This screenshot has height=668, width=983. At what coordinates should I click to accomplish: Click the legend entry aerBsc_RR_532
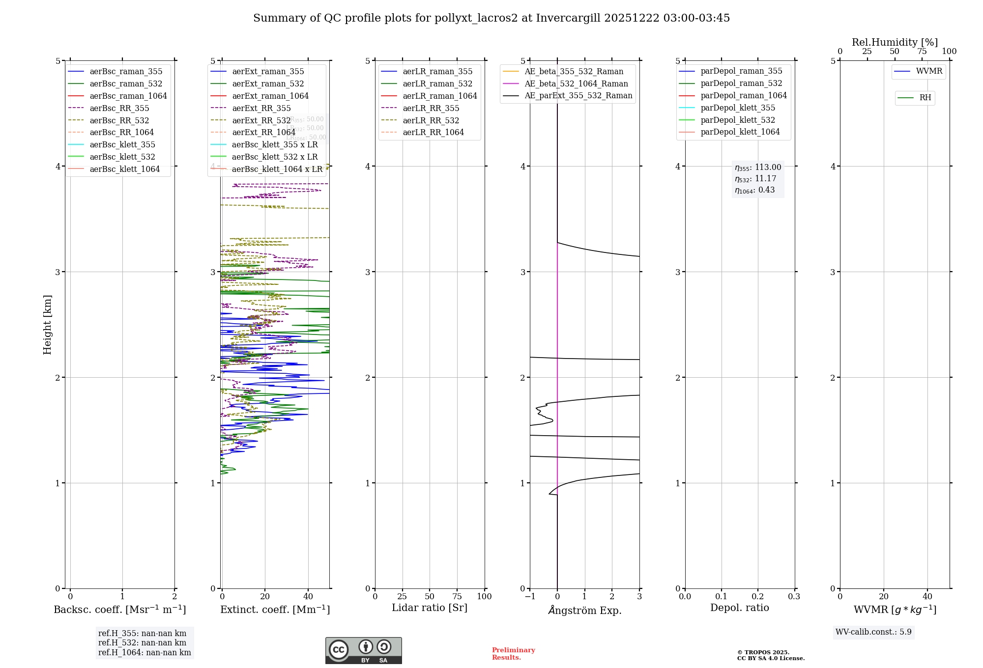(119, 120)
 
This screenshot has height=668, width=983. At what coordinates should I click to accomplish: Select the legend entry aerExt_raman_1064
(270, 96)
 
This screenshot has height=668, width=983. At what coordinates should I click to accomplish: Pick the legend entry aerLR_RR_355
(431, 108)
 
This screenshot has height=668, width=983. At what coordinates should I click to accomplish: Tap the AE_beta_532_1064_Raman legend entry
(576, 83)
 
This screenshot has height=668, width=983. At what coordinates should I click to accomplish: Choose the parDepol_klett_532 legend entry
(737, 120)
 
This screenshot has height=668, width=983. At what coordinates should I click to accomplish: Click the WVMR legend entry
(928, 71)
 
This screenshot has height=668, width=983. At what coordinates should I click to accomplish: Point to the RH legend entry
(925, 98)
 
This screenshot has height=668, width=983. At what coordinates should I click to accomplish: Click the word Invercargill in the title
(568, 18)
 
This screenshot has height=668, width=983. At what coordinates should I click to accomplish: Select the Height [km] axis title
(47, 324)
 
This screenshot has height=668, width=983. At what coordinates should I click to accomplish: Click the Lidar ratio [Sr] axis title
(429, 608)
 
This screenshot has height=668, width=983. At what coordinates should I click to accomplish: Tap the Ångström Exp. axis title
(584, 610)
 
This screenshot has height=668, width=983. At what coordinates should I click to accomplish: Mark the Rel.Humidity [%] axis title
(895, 42)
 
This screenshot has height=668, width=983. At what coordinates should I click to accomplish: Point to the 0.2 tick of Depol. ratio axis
(757, 596)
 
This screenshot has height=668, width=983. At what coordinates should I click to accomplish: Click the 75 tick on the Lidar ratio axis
(457, 596)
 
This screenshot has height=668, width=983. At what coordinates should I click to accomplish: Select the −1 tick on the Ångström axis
(530, 596)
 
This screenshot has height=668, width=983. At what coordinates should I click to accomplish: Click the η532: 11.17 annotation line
(755, 179)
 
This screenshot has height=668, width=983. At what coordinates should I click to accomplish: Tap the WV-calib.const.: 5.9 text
(873, 632)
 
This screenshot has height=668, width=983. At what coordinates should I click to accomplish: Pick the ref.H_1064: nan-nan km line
(145, 652)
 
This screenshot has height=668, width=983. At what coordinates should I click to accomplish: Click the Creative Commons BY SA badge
(363, 650)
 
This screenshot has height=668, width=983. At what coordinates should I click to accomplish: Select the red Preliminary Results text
(513, 653)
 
